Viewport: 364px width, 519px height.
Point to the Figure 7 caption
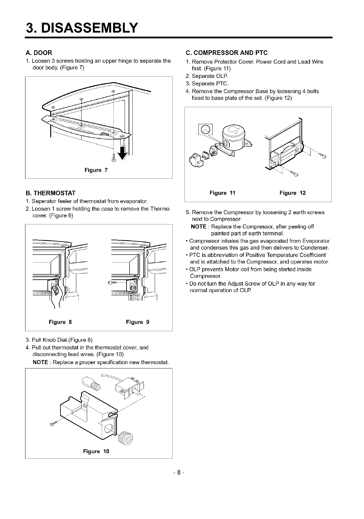tap(96, 170)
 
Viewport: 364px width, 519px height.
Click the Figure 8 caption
tap(60, 322)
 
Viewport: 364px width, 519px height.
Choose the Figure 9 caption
tap(138, 322)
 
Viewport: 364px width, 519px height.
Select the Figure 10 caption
tap(96, 451)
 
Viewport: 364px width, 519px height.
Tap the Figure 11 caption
tap(222, 193)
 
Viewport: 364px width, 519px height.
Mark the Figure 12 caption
tap(292, 193)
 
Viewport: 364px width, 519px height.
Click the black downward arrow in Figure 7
tap(123, 153)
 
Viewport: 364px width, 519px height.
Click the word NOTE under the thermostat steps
tap(40, 362)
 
